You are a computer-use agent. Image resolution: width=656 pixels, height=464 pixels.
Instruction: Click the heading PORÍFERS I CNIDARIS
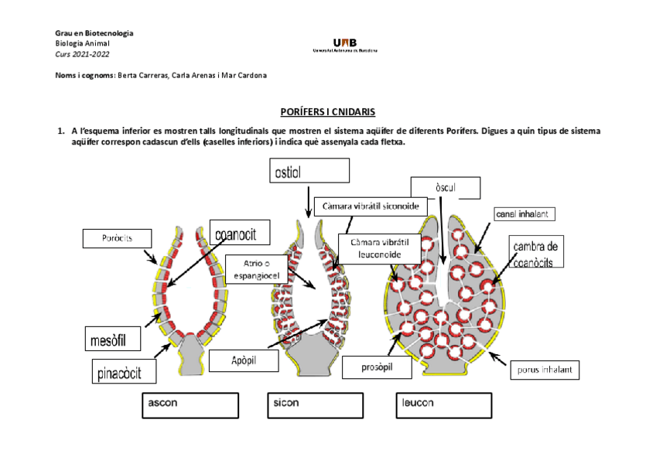[328, 112]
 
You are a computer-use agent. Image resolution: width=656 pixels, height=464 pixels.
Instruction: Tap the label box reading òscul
[445, 188]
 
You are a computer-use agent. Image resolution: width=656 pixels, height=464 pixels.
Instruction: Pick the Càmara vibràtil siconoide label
[371, 207]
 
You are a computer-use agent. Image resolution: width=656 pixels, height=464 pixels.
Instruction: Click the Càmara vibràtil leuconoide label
[379, 249]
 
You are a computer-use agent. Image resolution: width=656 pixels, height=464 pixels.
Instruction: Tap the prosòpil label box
[377, 367]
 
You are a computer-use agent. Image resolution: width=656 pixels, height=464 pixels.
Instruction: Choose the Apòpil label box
[243, 360]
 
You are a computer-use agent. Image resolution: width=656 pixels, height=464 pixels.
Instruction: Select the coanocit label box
[242, 233]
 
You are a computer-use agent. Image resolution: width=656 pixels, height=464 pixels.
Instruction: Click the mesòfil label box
[114, 338]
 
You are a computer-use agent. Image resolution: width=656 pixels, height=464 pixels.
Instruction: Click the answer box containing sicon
[317, 404]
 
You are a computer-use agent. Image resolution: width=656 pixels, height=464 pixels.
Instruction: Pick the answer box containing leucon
[444, 404]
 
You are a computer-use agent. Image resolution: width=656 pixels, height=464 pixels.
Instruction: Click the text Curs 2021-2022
[82, 54]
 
